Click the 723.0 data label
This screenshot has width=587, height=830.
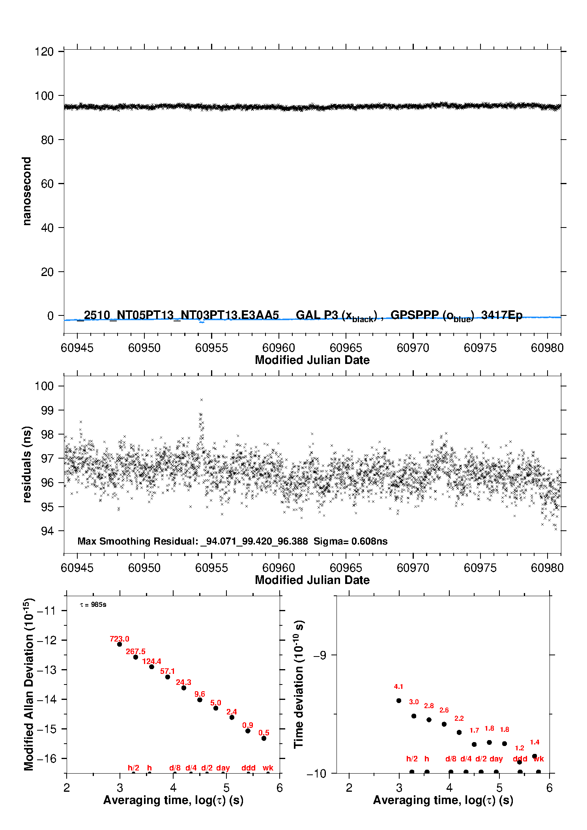119,639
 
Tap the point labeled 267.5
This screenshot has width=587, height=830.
136,657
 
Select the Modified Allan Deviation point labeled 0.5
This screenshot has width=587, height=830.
264,738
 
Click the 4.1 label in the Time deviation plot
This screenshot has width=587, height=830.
398,686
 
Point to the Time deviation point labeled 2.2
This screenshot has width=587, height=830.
459,732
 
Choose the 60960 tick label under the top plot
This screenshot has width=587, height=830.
279,348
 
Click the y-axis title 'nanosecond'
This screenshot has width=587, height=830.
27,191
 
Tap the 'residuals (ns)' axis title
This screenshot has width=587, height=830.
27,464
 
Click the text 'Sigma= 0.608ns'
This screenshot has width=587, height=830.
350,541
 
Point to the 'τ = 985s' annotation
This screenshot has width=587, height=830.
93,604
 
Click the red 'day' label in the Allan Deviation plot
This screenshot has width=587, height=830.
223,768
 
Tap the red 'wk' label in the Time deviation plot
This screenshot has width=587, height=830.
538,759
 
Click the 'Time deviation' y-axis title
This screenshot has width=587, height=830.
299,684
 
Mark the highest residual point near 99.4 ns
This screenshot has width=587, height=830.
202,400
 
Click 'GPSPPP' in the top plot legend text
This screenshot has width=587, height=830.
415,315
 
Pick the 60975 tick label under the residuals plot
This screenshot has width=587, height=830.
480,568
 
